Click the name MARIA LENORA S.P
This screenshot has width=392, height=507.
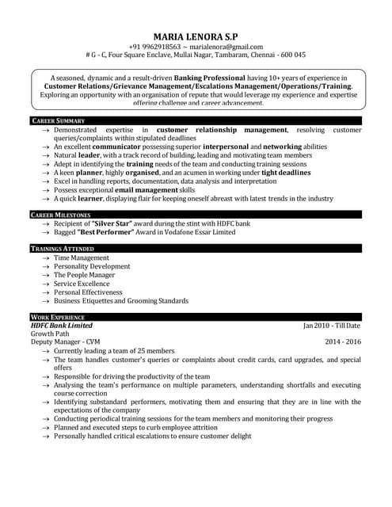(x=195, y=36)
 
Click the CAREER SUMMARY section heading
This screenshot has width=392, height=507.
(x=58, y=120)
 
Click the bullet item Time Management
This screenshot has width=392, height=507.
(x=82, y=258)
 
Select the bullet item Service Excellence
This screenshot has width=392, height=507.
(x=82, y=284)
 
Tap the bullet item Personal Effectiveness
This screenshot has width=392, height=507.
(x=88, y=292)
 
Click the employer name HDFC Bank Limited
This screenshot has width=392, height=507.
(x=62, y=326)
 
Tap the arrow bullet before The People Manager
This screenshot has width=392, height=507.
(x=47, y=276)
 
